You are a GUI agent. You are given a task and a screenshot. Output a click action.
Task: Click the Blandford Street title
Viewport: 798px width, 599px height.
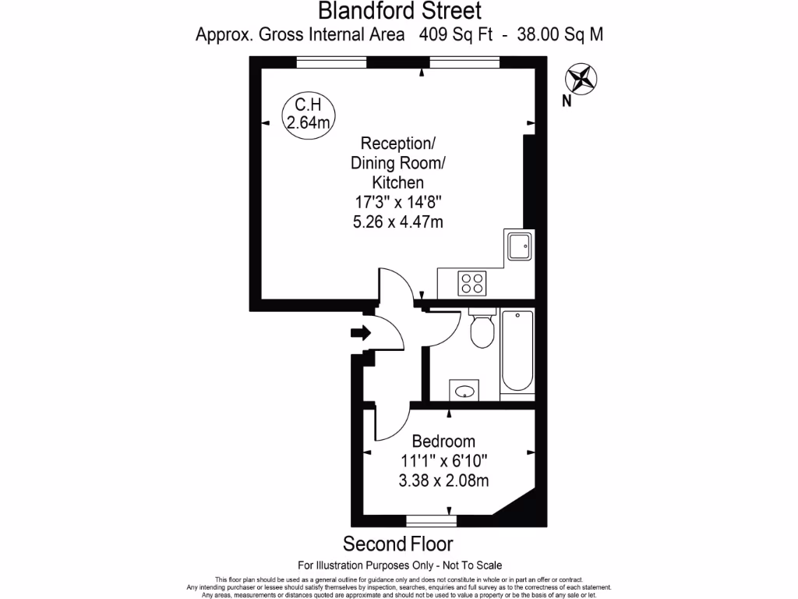click(x=399, y=12)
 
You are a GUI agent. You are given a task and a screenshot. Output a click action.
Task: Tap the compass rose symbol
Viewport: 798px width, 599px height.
click(x=581, y=79)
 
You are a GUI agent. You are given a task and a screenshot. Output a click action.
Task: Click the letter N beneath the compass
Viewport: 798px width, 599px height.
click(x=567, y=100)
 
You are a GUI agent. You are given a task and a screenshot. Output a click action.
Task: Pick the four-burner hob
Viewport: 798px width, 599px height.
click(x=472, y=282)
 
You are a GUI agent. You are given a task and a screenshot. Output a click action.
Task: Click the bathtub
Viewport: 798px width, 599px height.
click(x=517, y=351)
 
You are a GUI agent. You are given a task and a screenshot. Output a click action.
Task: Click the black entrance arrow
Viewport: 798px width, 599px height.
click(x=361, y=333)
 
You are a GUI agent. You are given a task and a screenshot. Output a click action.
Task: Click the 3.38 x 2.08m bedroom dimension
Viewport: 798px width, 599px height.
click(x=443, y=480)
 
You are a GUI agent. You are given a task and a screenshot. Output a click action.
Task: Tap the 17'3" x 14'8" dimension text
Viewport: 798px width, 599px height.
click(x=398, y=202)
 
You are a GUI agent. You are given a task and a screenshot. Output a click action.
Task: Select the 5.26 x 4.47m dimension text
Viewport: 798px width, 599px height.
click(x=398, y=222)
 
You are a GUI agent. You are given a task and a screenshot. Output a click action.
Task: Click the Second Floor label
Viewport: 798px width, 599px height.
click(x=398, y=543)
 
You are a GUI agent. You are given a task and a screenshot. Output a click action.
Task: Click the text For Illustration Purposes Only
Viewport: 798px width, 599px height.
click(x=365, y=565)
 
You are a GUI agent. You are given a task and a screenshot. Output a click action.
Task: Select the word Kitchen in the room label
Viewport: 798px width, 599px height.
click(x=398, y=183)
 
